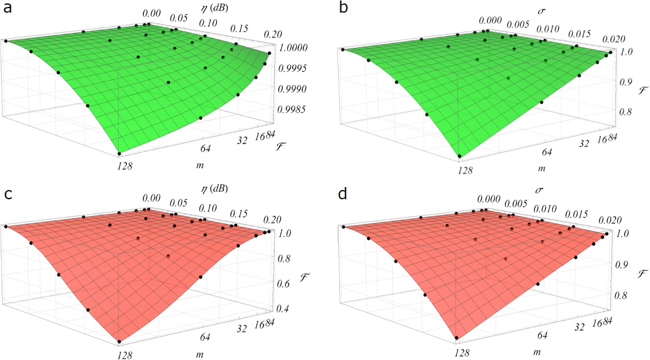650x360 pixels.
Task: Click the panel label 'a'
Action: coord(7,7)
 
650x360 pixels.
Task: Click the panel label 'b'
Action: coord(344,7)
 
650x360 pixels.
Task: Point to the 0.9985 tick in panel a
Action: coord(292,109)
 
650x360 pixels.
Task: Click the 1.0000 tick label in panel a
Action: coord(292,48)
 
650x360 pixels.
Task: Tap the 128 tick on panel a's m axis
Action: coord(124,166)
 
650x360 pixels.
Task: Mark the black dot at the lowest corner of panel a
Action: coord(119,154)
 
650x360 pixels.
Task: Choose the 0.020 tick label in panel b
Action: coord(615,39)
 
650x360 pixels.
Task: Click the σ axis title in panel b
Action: coord(542,11)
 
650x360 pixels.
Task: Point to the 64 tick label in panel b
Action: coord(547,152)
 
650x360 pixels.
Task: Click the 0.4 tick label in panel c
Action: coord(282,308)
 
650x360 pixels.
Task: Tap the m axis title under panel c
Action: coord(200,354)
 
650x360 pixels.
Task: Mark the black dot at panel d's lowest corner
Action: coord(457,338)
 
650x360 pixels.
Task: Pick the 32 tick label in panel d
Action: coord(579,327)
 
